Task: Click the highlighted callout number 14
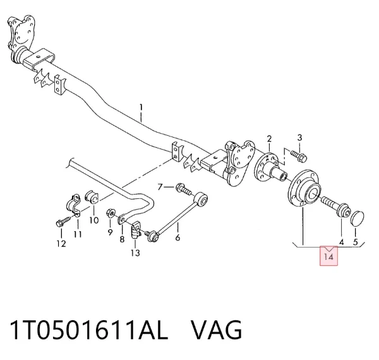point(328,257)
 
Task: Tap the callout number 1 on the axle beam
point(141,108)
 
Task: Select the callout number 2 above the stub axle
point(269,139)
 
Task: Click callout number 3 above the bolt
point(299,138)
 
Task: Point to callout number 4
point(342,243)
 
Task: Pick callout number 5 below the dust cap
point(355,242)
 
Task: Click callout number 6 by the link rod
point(177,237)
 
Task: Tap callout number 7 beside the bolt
point(160,187)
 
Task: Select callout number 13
point(135,253)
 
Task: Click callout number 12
point(61,244)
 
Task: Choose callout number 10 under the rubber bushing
point(94,220)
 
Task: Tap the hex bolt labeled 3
point(299,156)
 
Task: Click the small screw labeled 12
point(63,222)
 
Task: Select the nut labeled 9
point(111,213)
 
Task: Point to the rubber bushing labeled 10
point(92,197)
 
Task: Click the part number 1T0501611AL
point(88,330)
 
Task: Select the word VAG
point(216,330)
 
